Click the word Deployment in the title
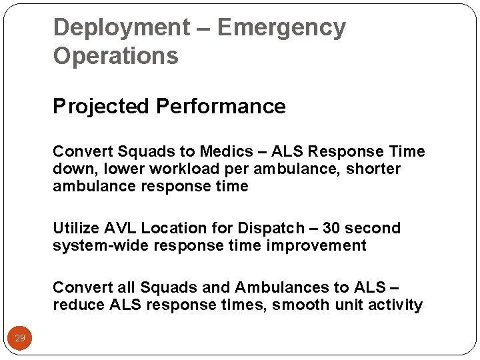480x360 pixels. (x=121, y=28)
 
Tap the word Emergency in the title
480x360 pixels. (x=281, y=28)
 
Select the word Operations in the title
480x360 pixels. (x=115, y=56)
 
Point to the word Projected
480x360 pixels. (x=101, y=107)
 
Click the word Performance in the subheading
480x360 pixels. (x=221, y=107)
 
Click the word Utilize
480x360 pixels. (x=74, y=229)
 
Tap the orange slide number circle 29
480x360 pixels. (x=20, y=339)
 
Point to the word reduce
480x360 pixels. (x=77, y=305)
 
